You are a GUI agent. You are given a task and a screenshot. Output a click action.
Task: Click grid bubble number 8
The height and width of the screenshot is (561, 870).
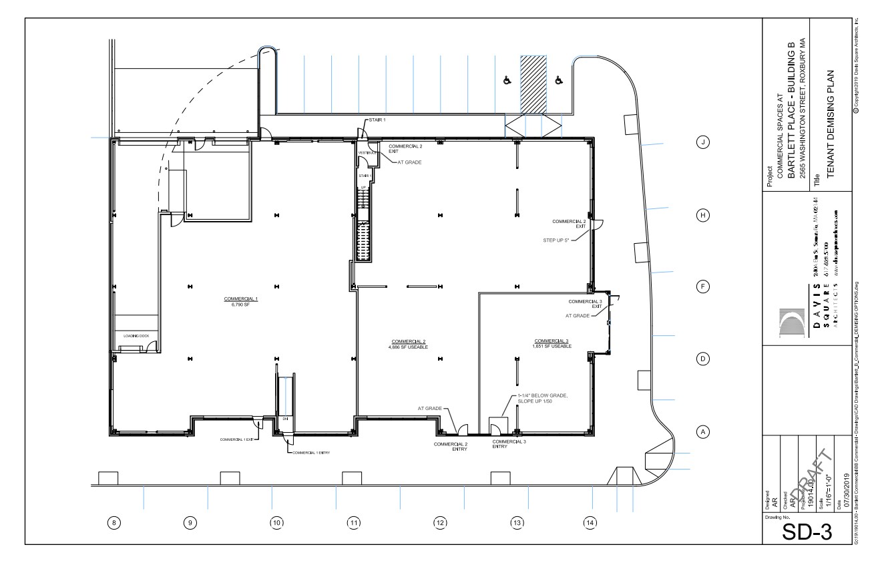115,523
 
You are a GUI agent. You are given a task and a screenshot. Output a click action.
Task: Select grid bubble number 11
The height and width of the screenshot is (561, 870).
353,523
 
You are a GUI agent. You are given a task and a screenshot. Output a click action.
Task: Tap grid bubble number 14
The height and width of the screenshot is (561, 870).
589,523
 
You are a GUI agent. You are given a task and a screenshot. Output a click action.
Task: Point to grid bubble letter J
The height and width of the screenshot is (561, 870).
702,142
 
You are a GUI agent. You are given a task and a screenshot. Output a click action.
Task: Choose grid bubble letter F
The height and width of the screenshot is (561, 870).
702,286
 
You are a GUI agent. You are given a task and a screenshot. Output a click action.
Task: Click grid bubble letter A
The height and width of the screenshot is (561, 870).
702,432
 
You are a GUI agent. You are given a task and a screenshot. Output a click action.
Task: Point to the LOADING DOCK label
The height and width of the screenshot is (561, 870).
136,336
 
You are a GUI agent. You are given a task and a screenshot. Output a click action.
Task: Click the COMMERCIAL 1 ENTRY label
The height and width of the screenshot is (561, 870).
311,452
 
